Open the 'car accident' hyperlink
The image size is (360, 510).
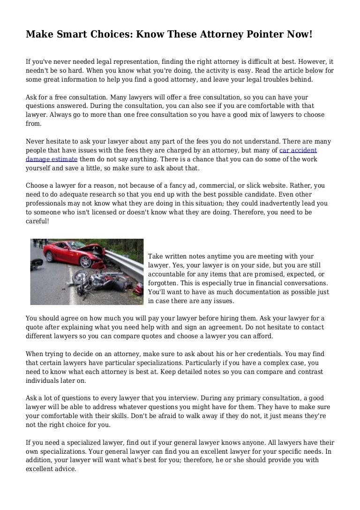pyautogui.click(x=298, y=151)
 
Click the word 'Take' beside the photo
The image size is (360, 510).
pyautogui.click(x=156, y=256)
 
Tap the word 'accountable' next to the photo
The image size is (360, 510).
pyautogui.click(x=167, y=274)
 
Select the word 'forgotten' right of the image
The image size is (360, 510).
pyautogui.click(x=165, y=283)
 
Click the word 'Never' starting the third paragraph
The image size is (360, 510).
pyautogui.click(x=35, y=141)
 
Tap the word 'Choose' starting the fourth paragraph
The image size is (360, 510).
pyautogui.click(x=37, y=185)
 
